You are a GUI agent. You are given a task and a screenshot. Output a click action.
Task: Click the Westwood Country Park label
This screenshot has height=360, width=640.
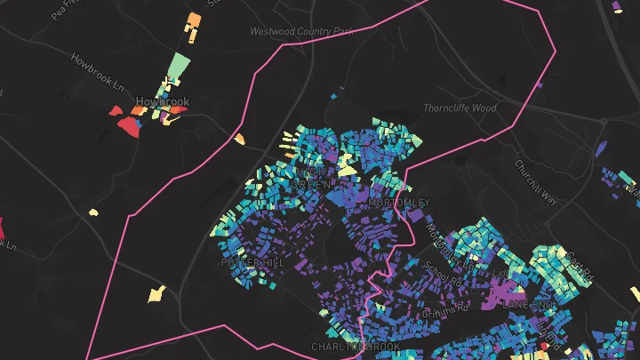coord(301,31)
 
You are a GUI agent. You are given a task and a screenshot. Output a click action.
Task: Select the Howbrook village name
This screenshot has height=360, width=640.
coord(163,101)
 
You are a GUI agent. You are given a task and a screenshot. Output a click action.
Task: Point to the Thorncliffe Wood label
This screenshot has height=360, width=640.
coord(459,108)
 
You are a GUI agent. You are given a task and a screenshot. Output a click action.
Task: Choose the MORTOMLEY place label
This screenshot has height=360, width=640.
coord(398,203)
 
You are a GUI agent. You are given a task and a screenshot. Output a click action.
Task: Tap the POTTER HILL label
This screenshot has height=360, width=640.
coord(252,263)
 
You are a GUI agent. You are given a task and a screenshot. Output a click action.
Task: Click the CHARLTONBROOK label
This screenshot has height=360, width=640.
coord(356,346)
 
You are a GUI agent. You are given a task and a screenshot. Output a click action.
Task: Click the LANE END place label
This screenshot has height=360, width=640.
coord(529,304)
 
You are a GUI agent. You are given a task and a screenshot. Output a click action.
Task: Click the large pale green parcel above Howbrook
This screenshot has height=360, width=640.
coord(179,68)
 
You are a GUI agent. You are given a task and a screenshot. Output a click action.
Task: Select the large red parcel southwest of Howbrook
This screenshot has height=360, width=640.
coord(130,126)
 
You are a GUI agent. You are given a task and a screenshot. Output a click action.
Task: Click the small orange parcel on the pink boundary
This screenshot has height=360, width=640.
coord(239,139)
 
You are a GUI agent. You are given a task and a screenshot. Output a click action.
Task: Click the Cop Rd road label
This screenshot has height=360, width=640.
coord(578,264)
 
